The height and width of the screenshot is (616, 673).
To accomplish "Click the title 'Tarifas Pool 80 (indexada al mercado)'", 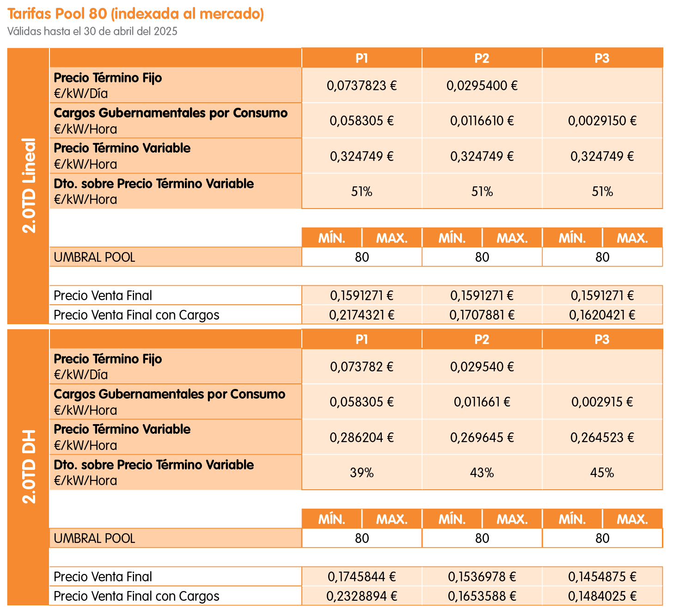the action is click(135, 14).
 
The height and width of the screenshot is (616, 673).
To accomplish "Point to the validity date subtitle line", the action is click(92, 31).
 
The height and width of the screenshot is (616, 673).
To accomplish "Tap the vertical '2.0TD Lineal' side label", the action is click(29, 185).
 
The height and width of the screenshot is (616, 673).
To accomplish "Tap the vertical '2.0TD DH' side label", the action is click(29, 467).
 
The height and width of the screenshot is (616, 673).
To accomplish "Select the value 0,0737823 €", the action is click(361, 86).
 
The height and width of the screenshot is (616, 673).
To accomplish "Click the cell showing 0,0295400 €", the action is click(482, 86).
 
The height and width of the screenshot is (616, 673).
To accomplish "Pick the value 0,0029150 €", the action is click(602, 121).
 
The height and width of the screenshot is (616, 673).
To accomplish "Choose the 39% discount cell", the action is click(361, 473).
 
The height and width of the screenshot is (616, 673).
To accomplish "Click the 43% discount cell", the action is click(482, 473).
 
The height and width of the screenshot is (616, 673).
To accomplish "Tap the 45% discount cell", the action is click(602, 473).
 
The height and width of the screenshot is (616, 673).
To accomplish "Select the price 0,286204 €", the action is click(361, 437).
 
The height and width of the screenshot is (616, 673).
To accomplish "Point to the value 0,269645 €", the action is click(482, 437).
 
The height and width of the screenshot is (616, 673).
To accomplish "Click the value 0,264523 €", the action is click(602, 437).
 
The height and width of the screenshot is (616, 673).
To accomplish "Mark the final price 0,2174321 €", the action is click(361, 315).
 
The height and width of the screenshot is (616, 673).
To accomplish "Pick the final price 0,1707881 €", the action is click(482, 315).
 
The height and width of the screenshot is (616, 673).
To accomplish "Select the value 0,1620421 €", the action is click(602, 315).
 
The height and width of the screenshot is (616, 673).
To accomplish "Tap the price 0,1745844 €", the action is click(361, 577).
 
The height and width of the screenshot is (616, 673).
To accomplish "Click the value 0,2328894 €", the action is click(361, 596).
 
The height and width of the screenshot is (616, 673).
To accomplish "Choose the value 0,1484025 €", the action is click(602, 596).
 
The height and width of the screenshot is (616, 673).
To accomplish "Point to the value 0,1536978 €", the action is click(482, 577).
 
